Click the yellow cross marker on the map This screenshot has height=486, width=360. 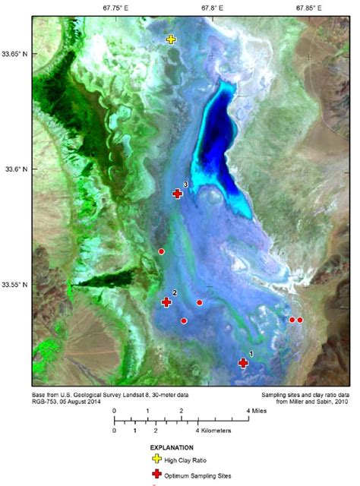point(171,39)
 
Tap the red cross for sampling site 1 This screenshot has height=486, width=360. point(244,363)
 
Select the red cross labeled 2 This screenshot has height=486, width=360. point(166,302)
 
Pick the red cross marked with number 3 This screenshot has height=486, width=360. point(177,194)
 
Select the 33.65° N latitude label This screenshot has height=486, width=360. point(16,54)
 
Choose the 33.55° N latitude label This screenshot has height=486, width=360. point(16,285)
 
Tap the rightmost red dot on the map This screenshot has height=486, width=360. point(300,320)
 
